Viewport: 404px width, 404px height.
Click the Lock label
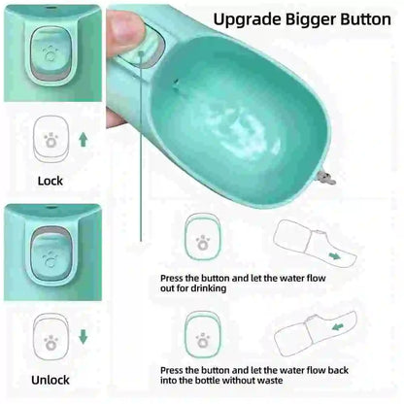click(x=50, y=181)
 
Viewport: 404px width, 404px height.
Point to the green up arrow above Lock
click(x=83, y=139)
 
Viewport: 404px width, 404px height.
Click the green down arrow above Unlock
click(x=83, y=339)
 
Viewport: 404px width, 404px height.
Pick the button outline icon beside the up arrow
click(x=50, y=140)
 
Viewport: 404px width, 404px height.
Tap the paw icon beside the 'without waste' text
click(x=202, y=339)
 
